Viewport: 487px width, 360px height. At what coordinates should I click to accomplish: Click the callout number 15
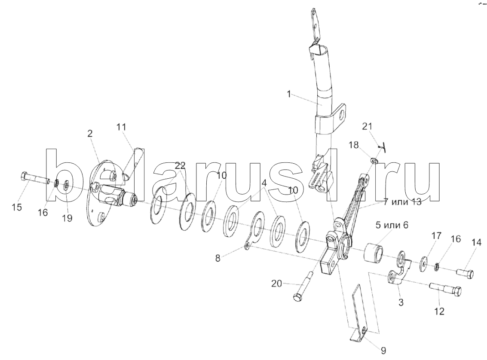(x=17, y=207)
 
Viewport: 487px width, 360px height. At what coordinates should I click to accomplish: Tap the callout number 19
(x=67, y=218)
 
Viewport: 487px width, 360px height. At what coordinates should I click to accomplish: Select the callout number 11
(x=122, y=127)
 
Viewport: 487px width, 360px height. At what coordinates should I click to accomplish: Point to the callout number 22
(x=180, y=165)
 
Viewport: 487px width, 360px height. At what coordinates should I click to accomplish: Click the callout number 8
(x=218, y=258)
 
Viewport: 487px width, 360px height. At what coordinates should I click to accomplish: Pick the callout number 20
(x=277, y=283)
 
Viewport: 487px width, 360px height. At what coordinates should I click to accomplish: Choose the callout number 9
(x=383, y=351)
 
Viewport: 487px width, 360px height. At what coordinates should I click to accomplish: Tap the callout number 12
(x=439, y=311)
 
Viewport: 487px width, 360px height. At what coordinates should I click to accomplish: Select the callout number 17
(x=436, y=236)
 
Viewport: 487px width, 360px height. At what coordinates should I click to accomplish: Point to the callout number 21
(x=367, y=126)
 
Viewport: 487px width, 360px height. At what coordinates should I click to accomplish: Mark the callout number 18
(x=354, y=145)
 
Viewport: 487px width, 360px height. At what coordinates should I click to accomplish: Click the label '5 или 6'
(x=392, y=225)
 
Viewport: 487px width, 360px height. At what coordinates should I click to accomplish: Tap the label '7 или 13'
(x=402, y=202)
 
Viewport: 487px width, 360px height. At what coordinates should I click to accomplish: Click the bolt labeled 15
(x=34, y=178)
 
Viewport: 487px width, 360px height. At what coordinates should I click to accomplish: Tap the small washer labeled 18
(x=374, y=161)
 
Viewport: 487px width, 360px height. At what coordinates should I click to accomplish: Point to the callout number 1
(x=289, y=94)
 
